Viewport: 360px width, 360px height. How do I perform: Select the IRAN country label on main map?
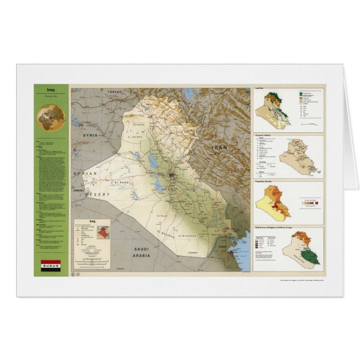[219, 148]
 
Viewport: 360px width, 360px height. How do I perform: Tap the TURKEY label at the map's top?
[115, 91]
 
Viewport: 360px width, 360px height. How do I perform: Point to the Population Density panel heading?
[267, 183]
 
